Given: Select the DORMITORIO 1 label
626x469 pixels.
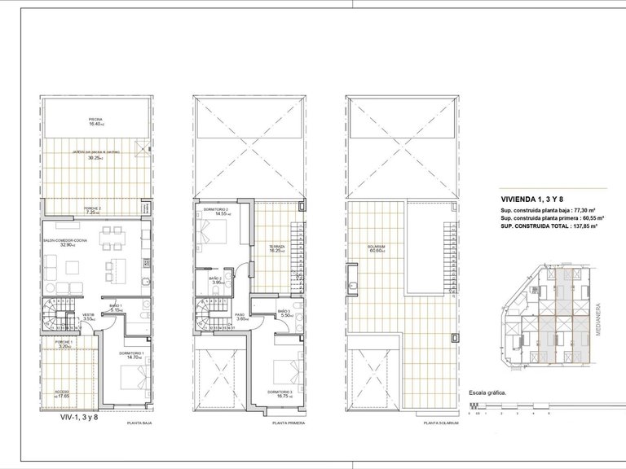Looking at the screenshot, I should (130, 353).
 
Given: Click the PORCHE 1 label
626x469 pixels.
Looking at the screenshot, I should (65, 342).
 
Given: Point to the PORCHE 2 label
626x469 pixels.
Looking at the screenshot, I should (94, 208).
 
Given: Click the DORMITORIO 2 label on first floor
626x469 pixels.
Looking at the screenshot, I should (214, 210).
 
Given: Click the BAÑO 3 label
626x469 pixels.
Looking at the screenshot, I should (284, 311).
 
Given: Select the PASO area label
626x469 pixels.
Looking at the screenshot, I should (240, 315).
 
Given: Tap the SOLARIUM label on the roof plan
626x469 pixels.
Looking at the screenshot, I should (375, 247).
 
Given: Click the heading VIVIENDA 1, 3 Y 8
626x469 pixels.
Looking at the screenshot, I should (531, 199).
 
